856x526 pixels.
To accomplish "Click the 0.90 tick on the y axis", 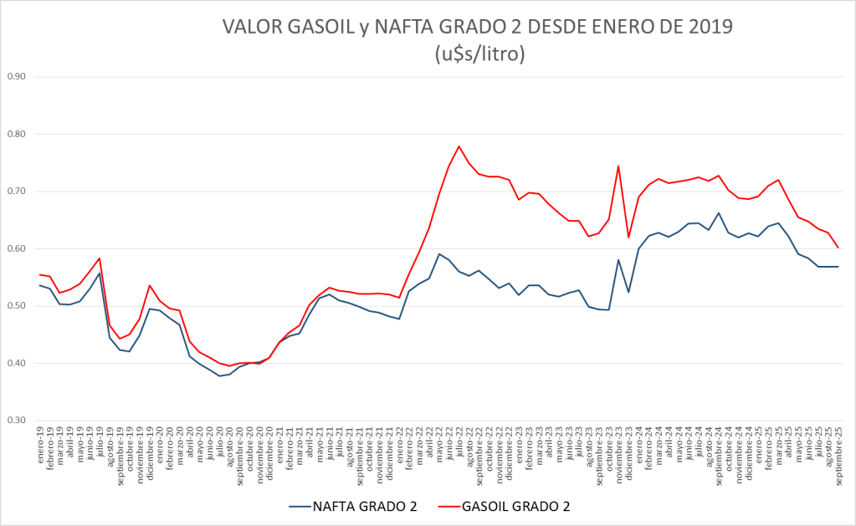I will pyautogui.click(x=17, y=77).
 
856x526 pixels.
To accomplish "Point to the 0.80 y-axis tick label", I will pyautogui.click(x=17, y=134).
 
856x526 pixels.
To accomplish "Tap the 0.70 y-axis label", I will pyautogui.click(x=17, y=192).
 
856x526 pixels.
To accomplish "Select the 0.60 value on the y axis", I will pyautogui.click(x=17, y=249).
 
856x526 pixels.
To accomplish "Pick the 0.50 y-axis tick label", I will pyautogui.click(x=17, y=306).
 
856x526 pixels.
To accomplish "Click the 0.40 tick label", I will pyautogui.click(x=17, y=364).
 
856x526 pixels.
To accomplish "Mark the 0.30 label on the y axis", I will pyautogui.click(x=17, y=421).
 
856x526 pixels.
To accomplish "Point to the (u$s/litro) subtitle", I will pyautogui.click(x=479, y=55).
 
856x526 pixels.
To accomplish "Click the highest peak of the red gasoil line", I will pyautogui.click(x=459, y=146).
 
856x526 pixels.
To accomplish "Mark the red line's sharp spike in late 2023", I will pyautogui.click(x=618, y=166).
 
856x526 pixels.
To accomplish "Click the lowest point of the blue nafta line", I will pyautogui.click(x=220, y=375).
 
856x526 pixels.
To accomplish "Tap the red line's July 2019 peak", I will pyautogui.click(x=100, y=258).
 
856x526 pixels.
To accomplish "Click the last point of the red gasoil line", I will pyautogui.click(x=838, y=248).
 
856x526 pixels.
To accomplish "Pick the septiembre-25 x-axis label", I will pyautogui.click(x=838, y=456).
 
